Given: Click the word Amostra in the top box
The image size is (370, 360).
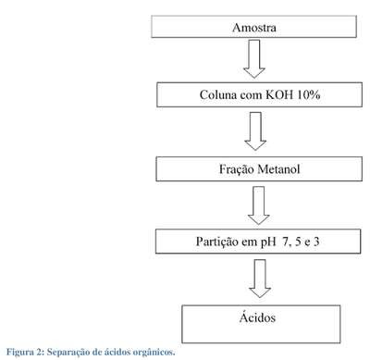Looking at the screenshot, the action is point(254,28).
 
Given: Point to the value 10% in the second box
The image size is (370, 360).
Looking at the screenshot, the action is point(309,94).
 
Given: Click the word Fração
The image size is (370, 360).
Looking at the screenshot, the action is point(237,169).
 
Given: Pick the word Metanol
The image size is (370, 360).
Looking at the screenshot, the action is point(278,169).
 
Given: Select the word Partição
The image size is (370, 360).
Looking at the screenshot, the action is point(216,242).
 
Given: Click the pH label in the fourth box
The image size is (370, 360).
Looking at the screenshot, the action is point(268,242).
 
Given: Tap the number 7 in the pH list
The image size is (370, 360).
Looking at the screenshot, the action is point(286,242).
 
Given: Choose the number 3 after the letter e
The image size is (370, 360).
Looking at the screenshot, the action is point(316,242).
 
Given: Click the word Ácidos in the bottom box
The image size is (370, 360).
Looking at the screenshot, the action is point(257,317).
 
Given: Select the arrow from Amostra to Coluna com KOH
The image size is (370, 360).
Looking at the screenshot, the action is point(254,59).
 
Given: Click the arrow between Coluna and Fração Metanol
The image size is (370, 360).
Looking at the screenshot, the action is point(255,131).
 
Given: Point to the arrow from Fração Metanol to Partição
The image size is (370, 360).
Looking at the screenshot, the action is point(258,205).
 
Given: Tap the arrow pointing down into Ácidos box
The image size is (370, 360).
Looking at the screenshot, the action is point(260,279).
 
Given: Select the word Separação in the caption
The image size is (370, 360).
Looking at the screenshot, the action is point(68,353).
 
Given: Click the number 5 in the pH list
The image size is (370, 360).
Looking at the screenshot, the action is point(298,242).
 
